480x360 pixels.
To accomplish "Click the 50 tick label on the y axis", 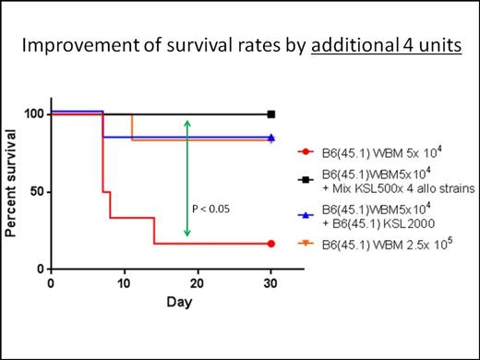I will coord(35,192).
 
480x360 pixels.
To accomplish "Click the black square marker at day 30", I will coord(271,114).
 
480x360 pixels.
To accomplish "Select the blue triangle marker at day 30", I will coord(271,138).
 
